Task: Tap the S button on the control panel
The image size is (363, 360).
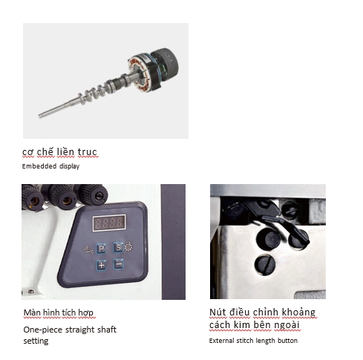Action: tap(119, 247)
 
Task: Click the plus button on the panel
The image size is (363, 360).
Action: tap(101, 265)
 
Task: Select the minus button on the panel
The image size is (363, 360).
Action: tap(119, 264)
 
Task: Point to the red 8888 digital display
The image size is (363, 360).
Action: tap(109, 223)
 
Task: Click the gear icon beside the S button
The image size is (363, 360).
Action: tap(128, 246)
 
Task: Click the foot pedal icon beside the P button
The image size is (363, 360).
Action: tap(88, 249)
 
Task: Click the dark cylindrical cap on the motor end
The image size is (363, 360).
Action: tap(165, 63)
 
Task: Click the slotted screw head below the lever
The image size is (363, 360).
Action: tap(265, 264)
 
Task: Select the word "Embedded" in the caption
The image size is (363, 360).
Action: tap(39, 166)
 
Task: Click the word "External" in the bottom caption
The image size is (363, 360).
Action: tap(222, 341)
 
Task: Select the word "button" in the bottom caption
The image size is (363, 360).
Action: tap(287, 341)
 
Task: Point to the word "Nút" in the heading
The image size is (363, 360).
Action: tap(218, 312)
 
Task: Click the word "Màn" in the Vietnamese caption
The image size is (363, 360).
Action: tap(32, 312)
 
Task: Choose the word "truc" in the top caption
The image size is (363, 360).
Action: tap(87, 152)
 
